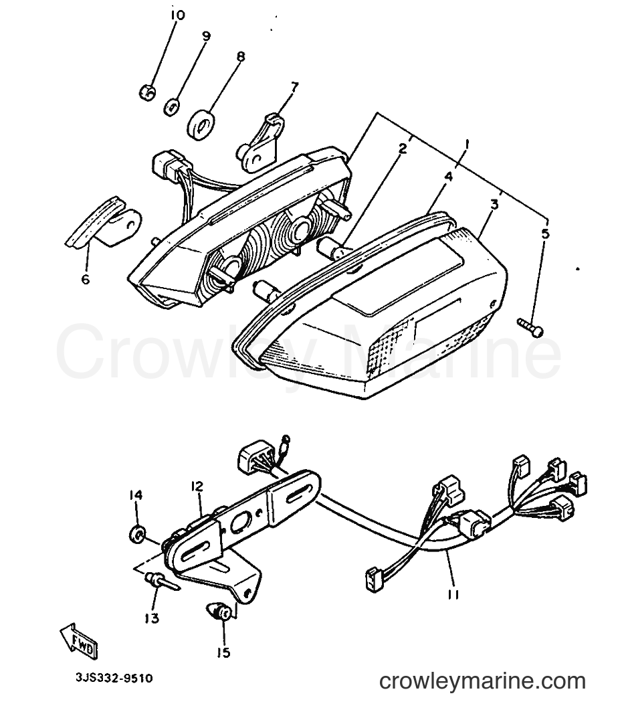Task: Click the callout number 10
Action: (177, 15)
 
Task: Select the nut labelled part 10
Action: (147, 92)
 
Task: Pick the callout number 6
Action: (86, 279)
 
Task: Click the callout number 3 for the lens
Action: (494, 205)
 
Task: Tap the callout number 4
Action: (448, 176)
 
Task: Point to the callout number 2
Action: (402, 148)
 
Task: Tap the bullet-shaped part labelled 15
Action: (218, 611)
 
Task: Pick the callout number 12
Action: (197, 486)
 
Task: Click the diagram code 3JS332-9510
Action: (114, 678)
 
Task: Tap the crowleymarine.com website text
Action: (482, 681)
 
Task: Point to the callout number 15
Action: (223, 653)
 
